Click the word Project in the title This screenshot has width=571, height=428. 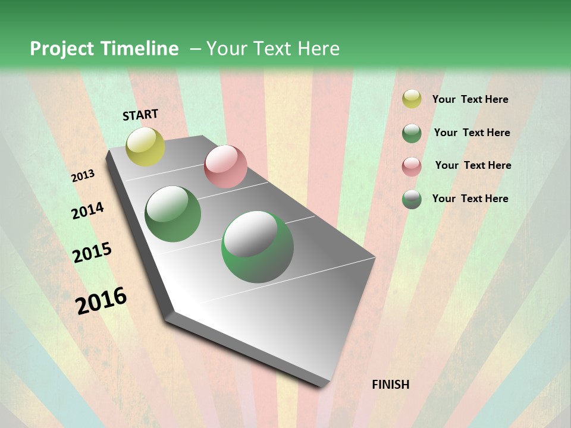coord(62,49)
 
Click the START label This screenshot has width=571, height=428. coord(140,115)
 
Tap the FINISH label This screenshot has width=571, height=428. coord(391,385)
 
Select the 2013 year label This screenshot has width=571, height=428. coord(83,176)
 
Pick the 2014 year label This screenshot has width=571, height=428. coord(87,210)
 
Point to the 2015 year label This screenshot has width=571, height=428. coord(92,253)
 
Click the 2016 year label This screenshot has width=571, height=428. coord(101,300)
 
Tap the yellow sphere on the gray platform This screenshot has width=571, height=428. coord(145,146)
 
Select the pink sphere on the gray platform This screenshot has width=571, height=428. coord(225,166)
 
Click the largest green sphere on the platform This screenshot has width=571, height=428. coord(258,247)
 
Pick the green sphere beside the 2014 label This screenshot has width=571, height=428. coord(173,214)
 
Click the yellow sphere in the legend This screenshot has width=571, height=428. coord(412,99)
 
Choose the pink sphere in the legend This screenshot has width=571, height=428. coord(412,166)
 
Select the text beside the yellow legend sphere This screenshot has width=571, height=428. coord(470,100)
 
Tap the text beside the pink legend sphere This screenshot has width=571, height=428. coord(473,165)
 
